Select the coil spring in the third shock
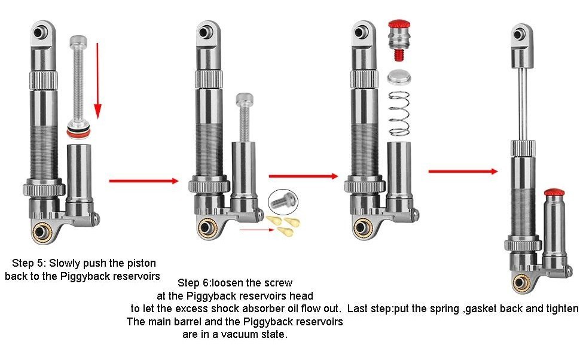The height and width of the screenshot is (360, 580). coord(399,114)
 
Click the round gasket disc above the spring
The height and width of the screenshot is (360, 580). coord(399,77)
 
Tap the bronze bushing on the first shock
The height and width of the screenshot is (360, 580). coord(42,231)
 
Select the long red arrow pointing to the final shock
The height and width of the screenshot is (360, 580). coord(463,171)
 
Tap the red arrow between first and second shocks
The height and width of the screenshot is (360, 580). coord(144,180)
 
